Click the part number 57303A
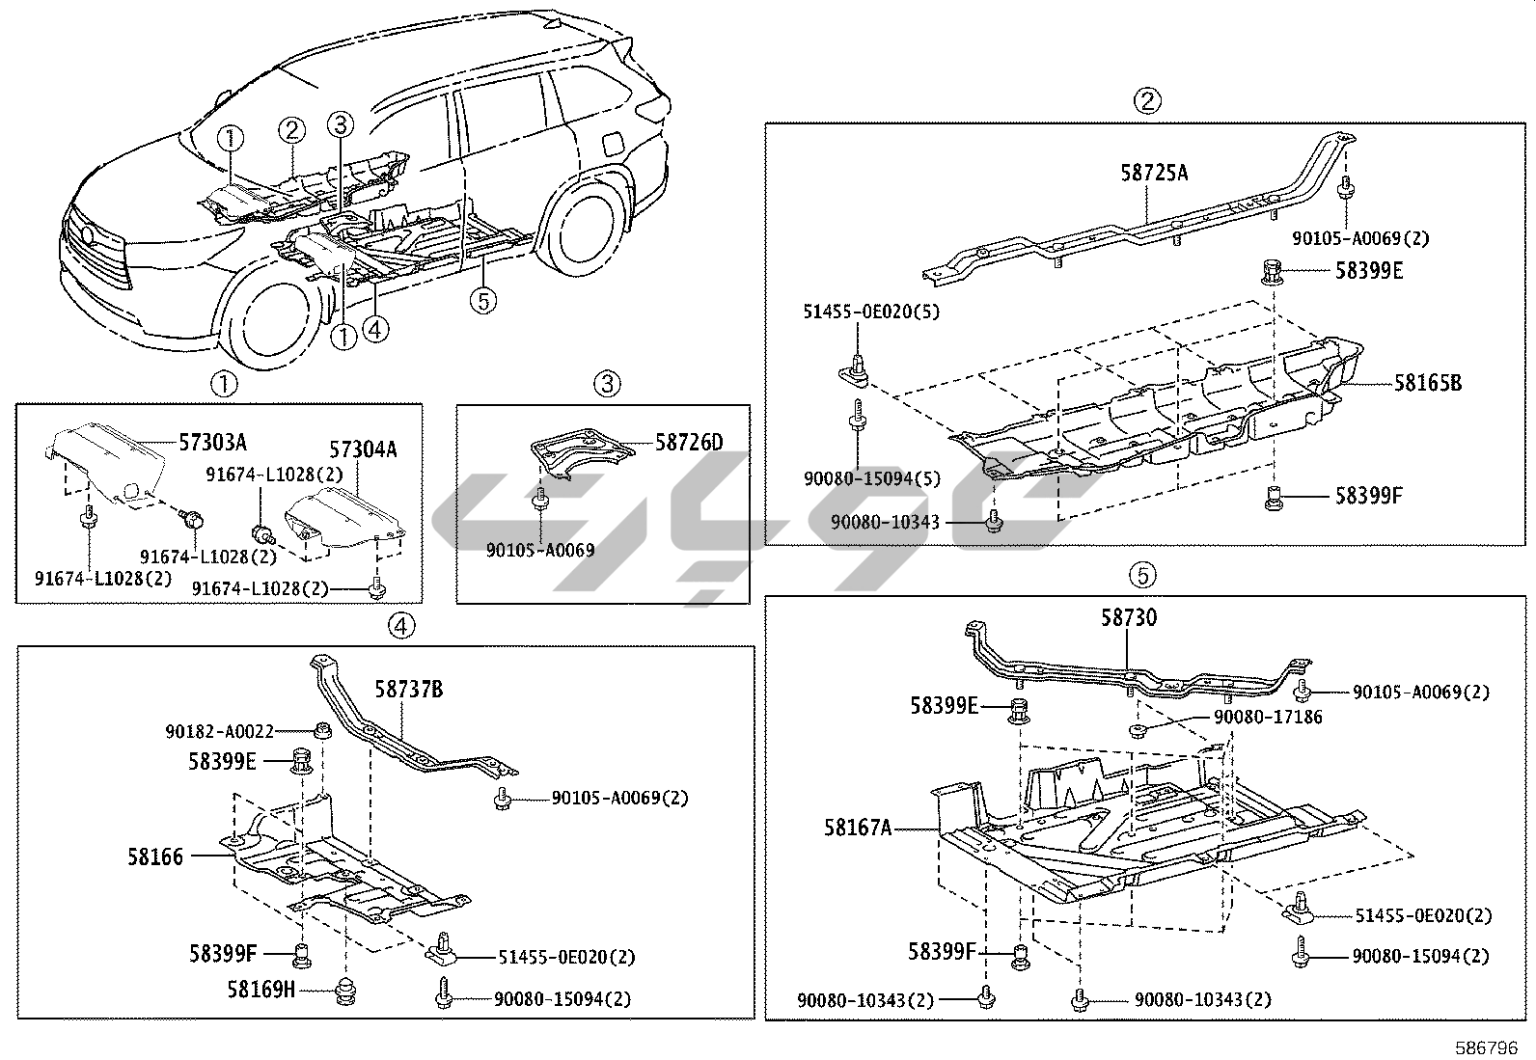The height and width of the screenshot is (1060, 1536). click(212, 443)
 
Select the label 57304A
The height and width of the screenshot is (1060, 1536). click(363, 450)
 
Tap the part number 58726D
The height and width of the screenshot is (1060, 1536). click(689, 443)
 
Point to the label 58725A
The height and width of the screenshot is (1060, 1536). click(1154, 174)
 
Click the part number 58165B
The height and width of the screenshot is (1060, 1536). click(1427, 384)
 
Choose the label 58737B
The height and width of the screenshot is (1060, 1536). click(409, 690)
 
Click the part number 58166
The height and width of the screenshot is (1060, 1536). click(155, 856)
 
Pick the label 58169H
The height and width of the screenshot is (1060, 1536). click(261, 989)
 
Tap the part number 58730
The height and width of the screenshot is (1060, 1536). click(1129, 617)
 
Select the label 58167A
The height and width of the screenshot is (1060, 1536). click(858, 828)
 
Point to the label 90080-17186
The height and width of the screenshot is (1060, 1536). click(1268, 717)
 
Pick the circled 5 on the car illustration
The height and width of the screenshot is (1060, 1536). click(482, 301)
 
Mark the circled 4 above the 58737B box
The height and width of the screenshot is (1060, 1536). click(401, 626)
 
